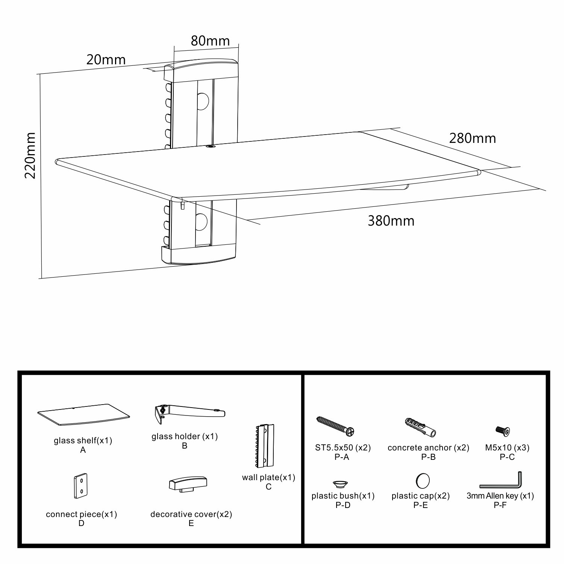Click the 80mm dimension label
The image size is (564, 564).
click(x=210, y=41)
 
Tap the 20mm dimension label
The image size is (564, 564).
click(x=106, y=59)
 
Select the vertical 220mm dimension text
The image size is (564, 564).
click(x=30, y=155)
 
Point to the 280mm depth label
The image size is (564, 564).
click(x=473, y=138)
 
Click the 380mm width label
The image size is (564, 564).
click(x=391, y=221)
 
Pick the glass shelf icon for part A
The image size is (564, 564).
click(x=83, y=417)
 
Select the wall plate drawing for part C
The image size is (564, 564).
click(x=265, y=446)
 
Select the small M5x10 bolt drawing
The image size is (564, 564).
click(x=503, y=430)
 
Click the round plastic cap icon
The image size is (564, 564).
click(x=423, y=481)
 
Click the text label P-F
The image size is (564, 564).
click(x=500, y=505)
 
